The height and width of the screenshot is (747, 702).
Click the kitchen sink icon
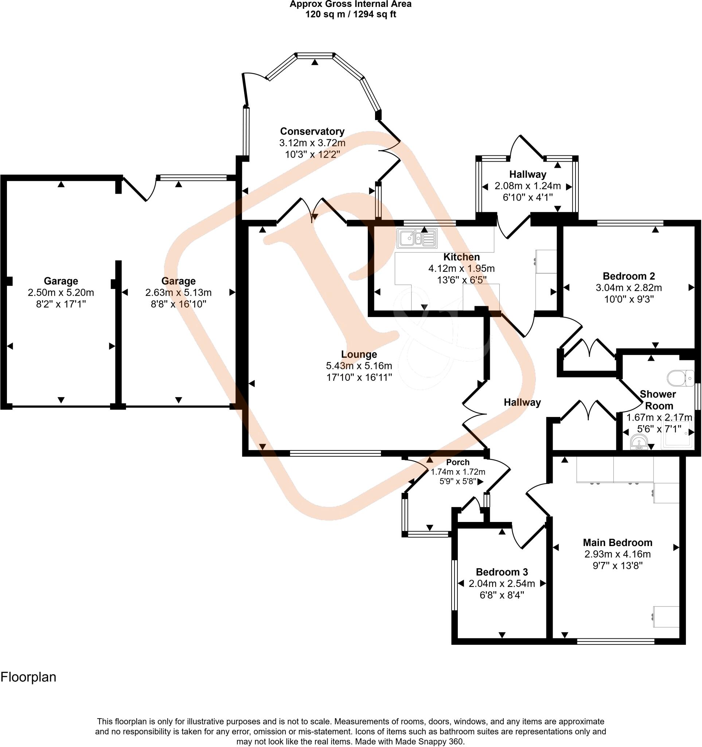pyautogui.click(x=417, y=239)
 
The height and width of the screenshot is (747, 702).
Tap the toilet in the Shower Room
pyautogui.click(x=685, y=378)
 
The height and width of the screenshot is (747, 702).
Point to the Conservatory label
pyautogui.click(x=312, y=132)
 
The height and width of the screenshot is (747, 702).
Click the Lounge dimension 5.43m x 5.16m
pyautogui.click(x=359, y=366)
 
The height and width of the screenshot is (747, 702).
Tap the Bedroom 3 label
pyautogui.click(x=502, y=572)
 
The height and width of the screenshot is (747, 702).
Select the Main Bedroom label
pyautogui.click(x=617, y=543)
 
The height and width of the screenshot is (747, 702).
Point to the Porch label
pyautogui.click(x=458, y=462)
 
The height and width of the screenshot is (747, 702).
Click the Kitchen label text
pyautogui.click(x=461, y=257)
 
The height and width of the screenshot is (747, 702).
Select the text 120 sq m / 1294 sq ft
pyautogui.click(x=351, y=15)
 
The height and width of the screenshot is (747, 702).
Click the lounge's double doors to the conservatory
pyautogui.click(x=312, y=210)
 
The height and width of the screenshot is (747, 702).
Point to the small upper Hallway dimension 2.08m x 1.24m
pyautogui.click(x=527, y=186)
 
